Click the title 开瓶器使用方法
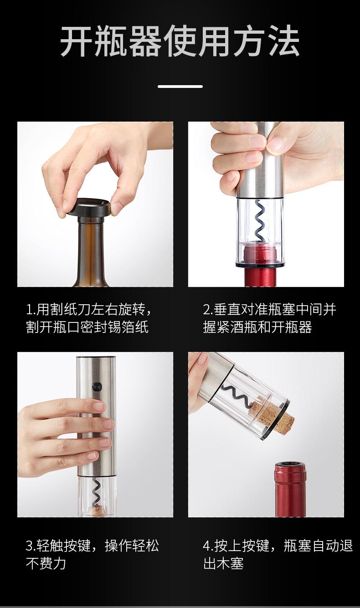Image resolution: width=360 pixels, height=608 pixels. (x=180, y=41)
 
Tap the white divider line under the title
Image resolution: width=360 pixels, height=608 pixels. (x=180, y=87)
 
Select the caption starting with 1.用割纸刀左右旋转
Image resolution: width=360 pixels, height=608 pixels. (x=88, y=318)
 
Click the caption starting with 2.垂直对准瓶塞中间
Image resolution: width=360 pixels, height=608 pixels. (x=269, y=318)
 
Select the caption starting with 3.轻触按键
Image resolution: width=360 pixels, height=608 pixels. (x=93, y=554)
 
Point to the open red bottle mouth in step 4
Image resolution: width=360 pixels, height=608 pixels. (x=290, y=468)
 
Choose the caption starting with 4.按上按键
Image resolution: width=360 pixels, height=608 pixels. (x=278, y=554)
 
